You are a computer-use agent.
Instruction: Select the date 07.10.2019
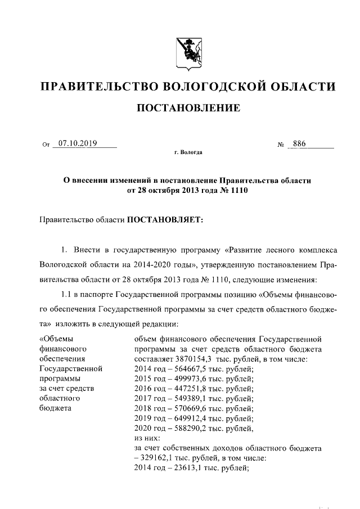pos(78,144)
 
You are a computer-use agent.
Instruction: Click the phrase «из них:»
pos(148,438)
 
